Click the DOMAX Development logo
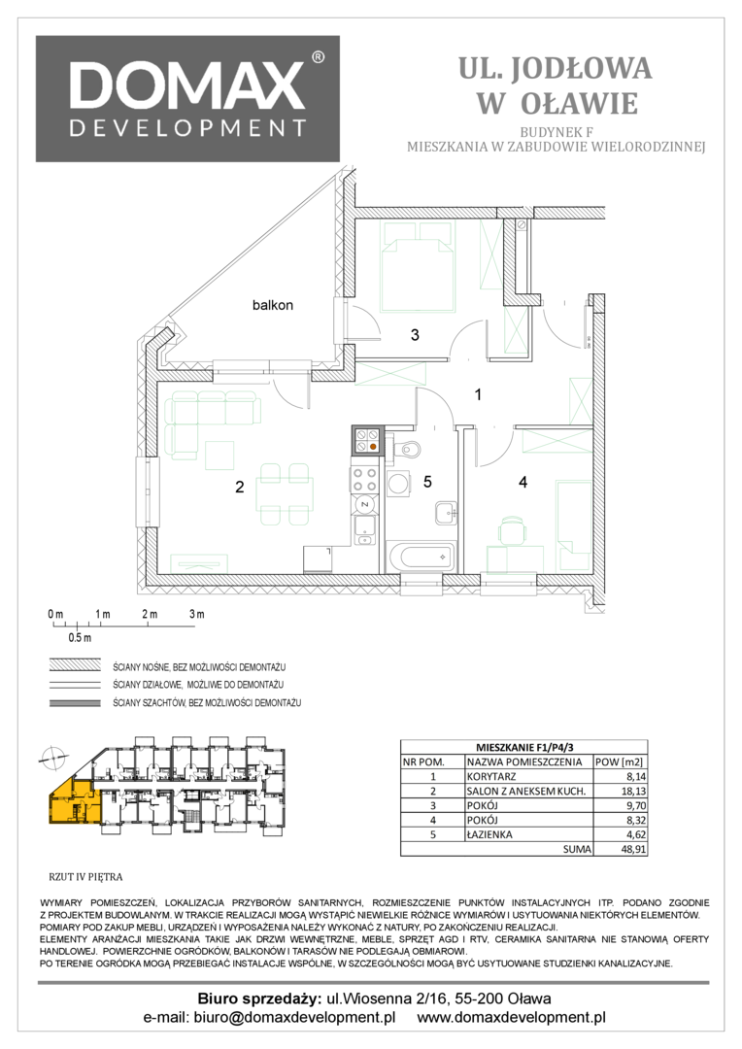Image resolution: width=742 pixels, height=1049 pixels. coord(187,99)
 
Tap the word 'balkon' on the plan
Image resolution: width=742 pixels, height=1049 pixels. coord(272,305)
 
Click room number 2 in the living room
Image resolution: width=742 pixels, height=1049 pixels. coord(240,487)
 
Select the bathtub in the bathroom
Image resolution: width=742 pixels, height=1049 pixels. coord(421,557)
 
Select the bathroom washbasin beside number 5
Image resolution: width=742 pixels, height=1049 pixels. coord(445,513)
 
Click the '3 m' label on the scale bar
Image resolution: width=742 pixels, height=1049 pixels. coord(196,614)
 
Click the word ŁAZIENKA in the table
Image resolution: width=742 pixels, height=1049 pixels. coord(489,835)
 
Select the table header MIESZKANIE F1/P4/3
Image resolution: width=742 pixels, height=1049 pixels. coord(523,747)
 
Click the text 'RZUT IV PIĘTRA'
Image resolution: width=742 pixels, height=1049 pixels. coord(85,877)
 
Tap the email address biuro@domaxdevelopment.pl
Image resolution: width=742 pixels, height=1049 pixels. coord(294,1018)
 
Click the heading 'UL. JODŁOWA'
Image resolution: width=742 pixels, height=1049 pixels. coord(556,68)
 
